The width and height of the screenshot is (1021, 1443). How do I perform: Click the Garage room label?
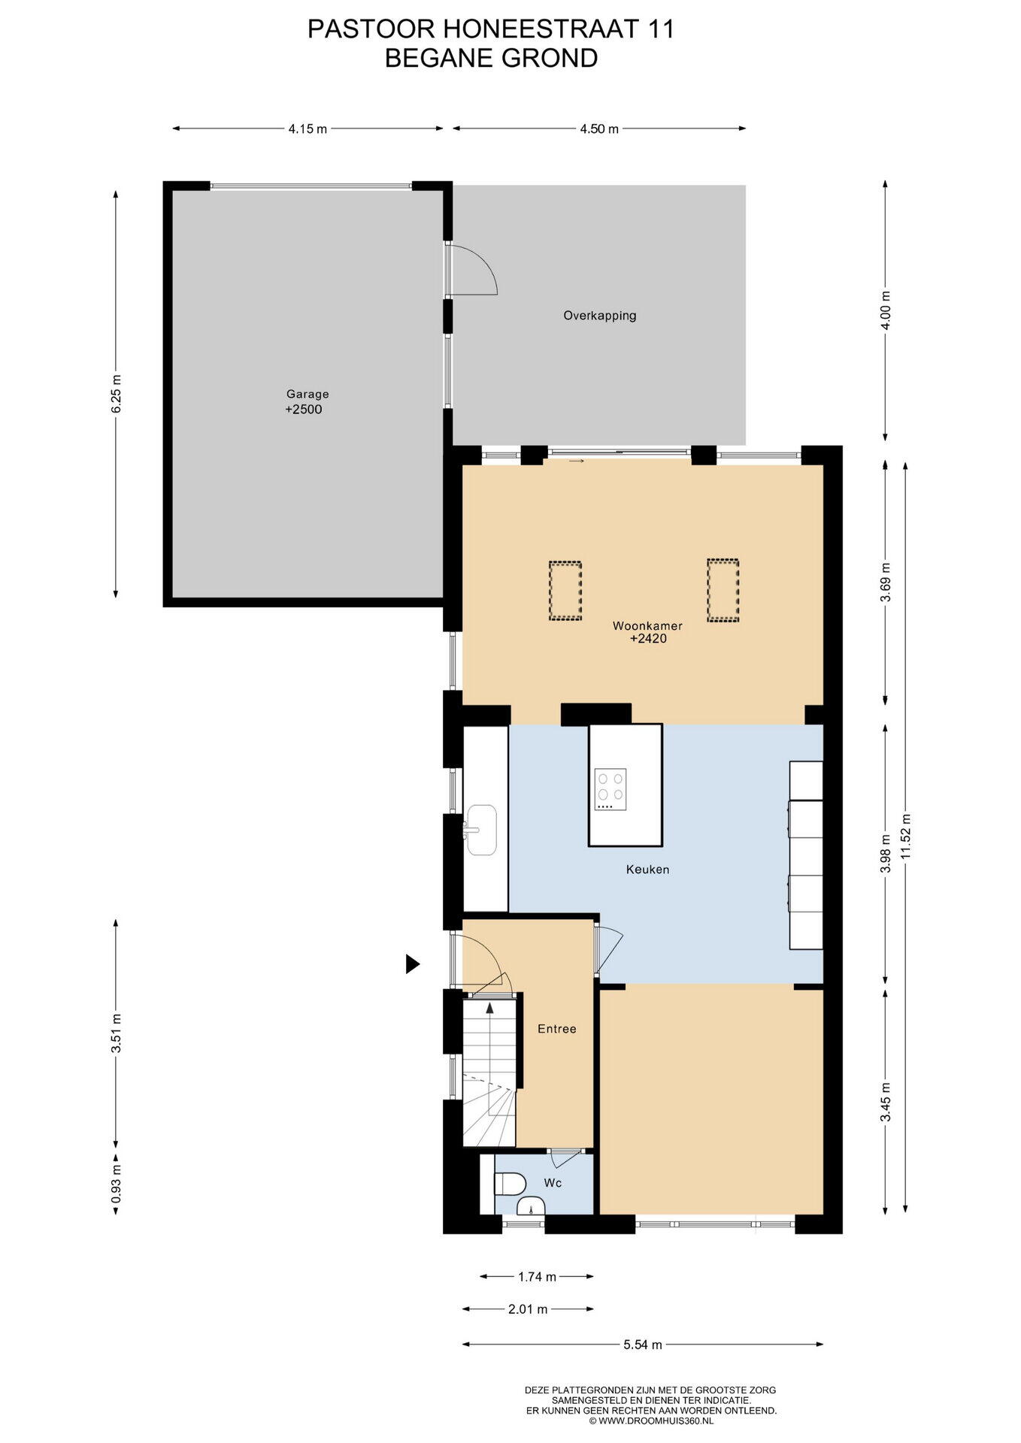point(308,394)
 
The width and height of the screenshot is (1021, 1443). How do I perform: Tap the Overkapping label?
point(600,316)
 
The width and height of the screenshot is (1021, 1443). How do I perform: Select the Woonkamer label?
point(647,626)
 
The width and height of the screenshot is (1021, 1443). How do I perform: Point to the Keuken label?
point(647,870)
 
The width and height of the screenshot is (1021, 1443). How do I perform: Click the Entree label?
point(557,1029)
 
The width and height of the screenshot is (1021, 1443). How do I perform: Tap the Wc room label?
point(553,1183)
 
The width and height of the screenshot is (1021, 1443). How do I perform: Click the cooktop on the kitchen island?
point(610,789)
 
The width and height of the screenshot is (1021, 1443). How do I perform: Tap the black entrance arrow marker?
point(413,964)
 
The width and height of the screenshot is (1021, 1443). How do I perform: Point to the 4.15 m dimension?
point(308,129)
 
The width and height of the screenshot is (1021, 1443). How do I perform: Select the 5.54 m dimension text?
point(643,1345)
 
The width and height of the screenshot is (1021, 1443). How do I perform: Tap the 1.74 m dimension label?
point(538,1276)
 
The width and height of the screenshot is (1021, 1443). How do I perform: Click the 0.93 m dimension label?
point(116,1184)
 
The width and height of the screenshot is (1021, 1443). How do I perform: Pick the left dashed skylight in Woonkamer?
point(565,591)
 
